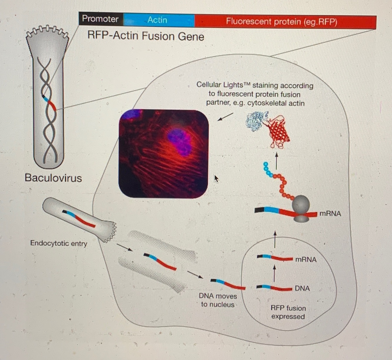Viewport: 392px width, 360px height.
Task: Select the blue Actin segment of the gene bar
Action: pos(158,20)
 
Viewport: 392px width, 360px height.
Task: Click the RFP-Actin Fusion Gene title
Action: pos(145,36)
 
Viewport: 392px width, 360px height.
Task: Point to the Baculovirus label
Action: pos(53,178)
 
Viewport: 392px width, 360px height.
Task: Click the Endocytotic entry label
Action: pos(58,243)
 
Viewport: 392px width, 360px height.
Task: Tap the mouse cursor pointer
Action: pos(216,178)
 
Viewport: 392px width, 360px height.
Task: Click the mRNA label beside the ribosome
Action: pos(330,213)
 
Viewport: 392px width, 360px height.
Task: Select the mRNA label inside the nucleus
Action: pos(306,260)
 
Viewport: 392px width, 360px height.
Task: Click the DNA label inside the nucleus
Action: pos(302,288)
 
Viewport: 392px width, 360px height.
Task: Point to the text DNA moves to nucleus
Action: pos(218,300)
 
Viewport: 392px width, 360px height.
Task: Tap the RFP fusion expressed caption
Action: pos(288,312)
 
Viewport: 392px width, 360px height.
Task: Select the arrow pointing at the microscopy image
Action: pos(225,117)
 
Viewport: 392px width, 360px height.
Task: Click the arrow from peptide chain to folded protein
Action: pos(276,160)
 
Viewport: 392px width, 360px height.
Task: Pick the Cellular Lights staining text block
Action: pos(255,94)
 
